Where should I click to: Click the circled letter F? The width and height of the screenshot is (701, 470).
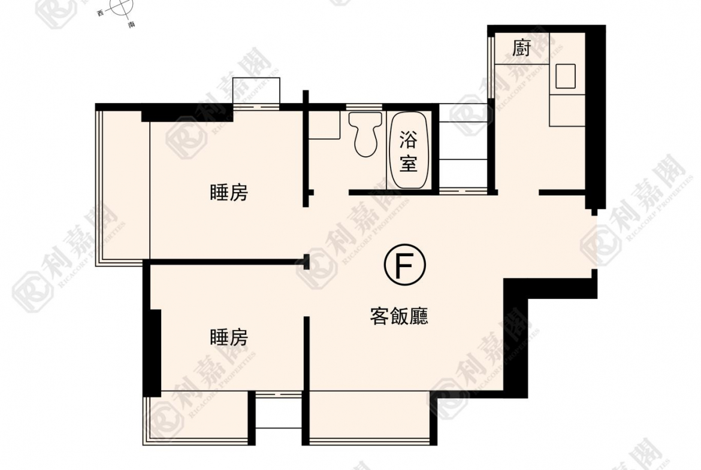tap(404, 266)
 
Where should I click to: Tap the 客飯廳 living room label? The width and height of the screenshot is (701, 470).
tap(399, 316)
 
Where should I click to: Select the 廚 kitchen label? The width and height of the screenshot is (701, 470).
tap(521, 48)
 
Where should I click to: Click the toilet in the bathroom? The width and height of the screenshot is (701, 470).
tap(365, 134)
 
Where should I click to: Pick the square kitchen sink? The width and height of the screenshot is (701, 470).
tap(565, 76)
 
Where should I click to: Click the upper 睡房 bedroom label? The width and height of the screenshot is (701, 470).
tap(229, 193)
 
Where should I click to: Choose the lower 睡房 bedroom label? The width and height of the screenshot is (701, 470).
tap(229, 337)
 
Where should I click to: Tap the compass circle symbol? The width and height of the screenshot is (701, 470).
tap(122, 8)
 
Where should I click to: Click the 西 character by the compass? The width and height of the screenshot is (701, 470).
tap(101, 13)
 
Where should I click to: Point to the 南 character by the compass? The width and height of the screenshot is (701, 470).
tap(131, 25)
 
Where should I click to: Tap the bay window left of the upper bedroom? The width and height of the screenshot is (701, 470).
tap(122, 186)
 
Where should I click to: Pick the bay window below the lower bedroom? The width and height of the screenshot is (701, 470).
tap(197, 417)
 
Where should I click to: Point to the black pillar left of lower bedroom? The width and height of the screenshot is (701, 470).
tap(155, 353)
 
